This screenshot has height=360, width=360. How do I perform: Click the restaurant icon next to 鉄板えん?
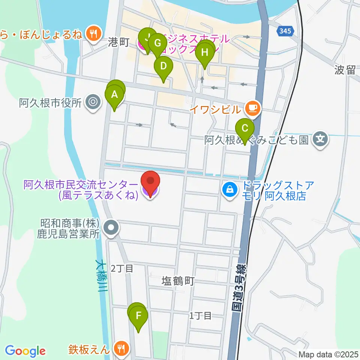121,349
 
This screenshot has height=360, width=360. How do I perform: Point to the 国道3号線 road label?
238,289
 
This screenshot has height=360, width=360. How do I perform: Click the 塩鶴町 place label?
177,281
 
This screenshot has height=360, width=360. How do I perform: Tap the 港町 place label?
118,42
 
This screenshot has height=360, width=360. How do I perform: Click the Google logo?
25,351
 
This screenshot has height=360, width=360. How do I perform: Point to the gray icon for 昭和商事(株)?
111,227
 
